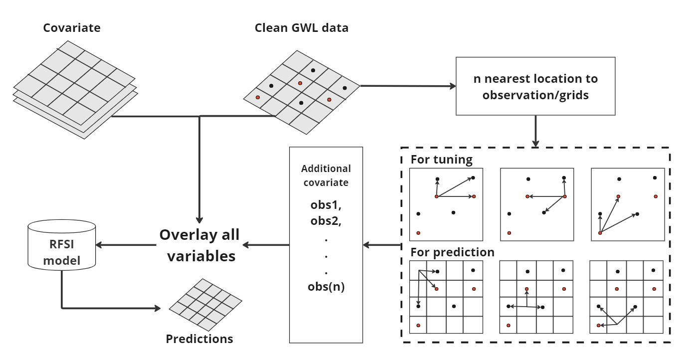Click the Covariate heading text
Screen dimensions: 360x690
(x=72, y=28)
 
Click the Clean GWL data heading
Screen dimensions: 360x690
(x=301, y=28)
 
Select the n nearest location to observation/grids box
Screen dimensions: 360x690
(x=535, y=86)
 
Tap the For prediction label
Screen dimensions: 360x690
(x=452, y=252)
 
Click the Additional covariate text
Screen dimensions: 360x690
(x=326, y=176)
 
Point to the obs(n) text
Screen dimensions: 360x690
(x=326, y=287)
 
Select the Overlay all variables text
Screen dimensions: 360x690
(x=199, y=245)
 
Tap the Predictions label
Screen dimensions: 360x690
(x=199, y=339)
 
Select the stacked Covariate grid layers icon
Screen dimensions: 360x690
(x=74, y=88)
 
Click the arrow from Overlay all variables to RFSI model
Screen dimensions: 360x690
(x=125, y=245)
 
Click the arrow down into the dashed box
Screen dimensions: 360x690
(x=535, y=131)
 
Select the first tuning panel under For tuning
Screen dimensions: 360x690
(x=445, y=204)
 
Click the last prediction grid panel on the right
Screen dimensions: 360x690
(x=627, y=297)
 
